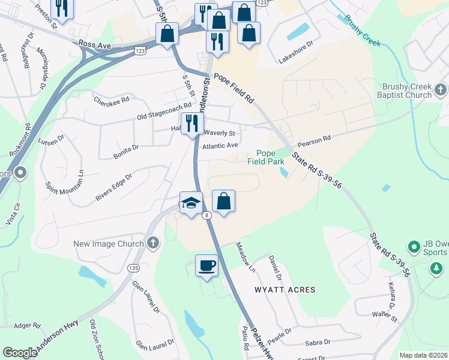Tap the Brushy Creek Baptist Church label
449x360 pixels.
pyautogui.click(x=404, y=91)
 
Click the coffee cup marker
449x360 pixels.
pyautogui.click(x=207, y=265)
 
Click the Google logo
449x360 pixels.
pyautogui.click(x=20, y=353)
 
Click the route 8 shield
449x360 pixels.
pyautogui.click(x=206, y=215)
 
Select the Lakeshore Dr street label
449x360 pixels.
pyautogui.click(x=295, y=44)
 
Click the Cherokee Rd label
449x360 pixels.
pyautogui.click(x=111, y=100)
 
